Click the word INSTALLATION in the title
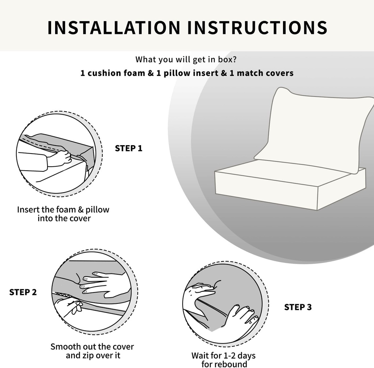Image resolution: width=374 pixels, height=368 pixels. pyautogui.click(x=114, y=28)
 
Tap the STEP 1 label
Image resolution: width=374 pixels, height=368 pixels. pyautogui.click(x=129, y=148)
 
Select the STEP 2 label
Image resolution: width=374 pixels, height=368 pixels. pyautogui.click(x=23, y=292)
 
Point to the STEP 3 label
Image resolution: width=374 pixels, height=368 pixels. pyautogui.click(x=298, y=307)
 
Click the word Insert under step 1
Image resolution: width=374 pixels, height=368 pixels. pyautogui.click(x=28, y=210)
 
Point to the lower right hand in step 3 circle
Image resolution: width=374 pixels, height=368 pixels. pyautogui.click(x=239, y=317)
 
